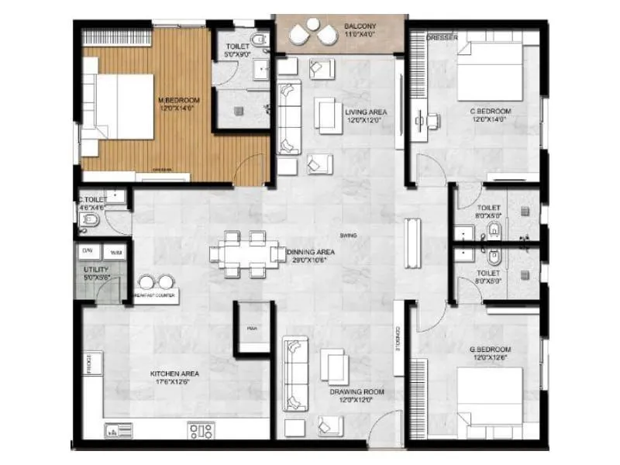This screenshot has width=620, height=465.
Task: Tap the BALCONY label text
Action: [x=361, y=27]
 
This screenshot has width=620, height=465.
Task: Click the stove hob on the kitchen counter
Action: [x=201, y=429]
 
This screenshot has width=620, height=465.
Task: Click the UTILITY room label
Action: [x=96, y=270]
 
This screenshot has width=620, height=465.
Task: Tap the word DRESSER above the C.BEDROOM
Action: [x=439, y=38]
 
